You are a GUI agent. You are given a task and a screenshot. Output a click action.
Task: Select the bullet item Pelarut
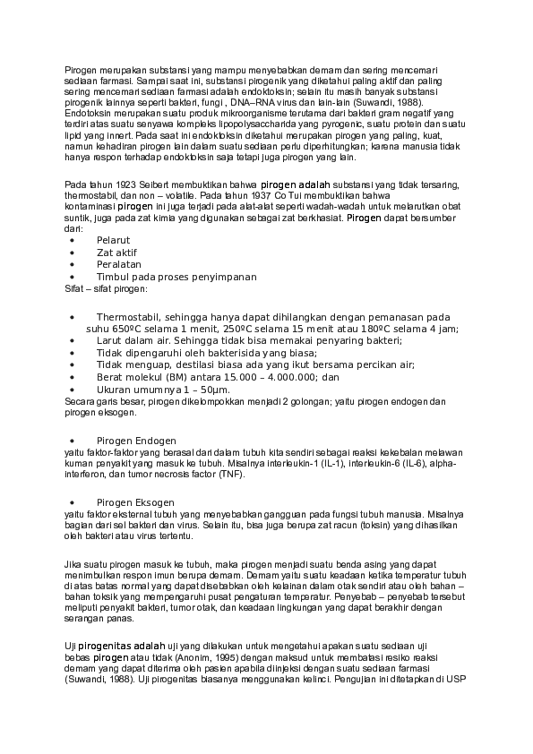(114, 241)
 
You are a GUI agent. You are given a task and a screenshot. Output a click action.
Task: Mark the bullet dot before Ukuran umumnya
(72, 390)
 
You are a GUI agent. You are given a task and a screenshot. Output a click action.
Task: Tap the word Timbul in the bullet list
(113, 277)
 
